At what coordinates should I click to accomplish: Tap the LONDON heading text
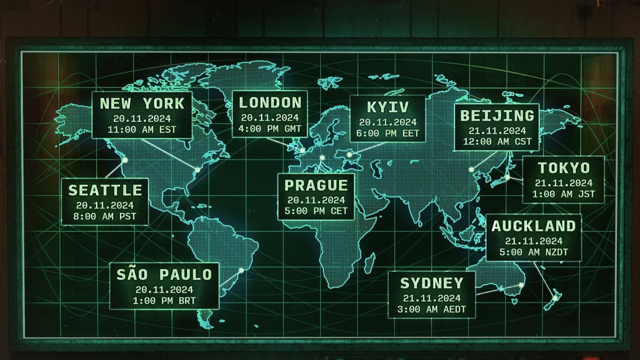click(x=270, y=102)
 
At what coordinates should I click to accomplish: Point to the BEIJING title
click(x=497, y=115)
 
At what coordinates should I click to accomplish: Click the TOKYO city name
click(x=564, y=168)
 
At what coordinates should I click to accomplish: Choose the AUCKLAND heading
click(x=534, y=226)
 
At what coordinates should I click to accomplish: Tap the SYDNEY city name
click(x=431, y=283)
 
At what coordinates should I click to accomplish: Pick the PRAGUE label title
click(x=316, y=185)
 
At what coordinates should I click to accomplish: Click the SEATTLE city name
click(x=105, y=190)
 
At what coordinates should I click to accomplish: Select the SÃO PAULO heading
click(x=164, y=275)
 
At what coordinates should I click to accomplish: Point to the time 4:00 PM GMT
click(x=270, y=129)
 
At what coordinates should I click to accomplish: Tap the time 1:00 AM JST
click(x=564, y=194)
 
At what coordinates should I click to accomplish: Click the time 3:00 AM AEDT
click(x=431, y=309)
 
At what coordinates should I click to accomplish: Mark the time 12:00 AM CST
click(x=497, y=141)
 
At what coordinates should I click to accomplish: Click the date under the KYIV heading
click(x=388, y=122)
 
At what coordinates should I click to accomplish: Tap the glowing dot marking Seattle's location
click(x=125, y=160)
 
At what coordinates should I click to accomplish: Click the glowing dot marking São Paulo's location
click(x=241, y=270)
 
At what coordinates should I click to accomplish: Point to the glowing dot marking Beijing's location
click(x=471, y=170)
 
